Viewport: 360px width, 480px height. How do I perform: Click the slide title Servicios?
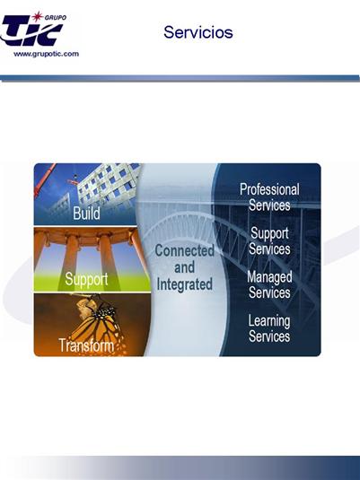[198, 32]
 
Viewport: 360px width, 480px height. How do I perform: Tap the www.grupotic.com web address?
[47, 54]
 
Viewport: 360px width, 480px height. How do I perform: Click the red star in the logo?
[38, 16]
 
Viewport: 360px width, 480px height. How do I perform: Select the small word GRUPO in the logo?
[56, 17]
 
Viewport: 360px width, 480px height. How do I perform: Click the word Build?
[86, 213]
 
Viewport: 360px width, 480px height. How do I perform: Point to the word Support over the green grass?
[86, 280]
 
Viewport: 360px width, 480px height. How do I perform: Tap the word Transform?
[86, 345]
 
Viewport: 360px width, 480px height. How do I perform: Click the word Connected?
[184, 250]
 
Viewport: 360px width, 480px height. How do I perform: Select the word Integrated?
[184, 284]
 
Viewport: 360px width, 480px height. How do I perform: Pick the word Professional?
[269, 189]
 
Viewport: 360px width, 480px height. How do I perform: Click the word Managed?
[269, 277]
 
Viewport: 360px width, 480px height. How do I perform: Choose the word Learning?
[269, 321]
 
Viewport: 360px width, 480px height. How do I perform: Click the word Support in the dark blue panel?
[269, 233]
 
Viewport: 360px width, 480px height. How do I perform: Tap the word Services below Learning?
[269, 336]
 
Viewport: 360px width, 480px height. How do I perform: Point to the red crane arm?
[45, 180]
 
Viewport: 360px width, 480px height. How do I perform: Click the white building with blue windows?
[108, 186]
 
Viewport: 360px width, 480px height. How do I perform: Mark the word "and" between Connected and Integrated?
[184, 267]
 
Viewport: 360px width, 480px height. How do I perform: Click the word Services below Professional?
[269, 205]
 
